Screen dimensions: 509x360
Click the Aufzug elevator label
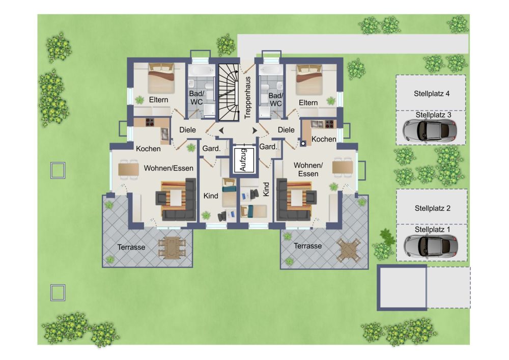click(x=243, y=160)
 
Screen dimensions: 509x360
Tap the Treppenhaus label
click(x=247, y=97)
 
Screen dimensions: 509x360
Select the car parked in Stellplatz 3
click(x=430, y=130)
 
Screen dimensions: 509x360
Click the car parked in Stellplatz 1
click(x=431, y=245)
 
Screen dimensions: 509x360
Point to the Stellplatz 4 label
click(x=432, y=94)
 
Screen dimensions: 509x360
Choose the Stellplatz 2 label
click(x=432, y=208)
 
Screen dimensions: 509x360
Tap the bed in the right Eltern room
click(x=309, y=79)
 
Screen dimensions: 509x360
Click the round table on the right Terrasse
click(x=349, y=250)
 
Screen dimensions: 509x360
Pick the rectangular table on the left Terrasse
click(x=172, y=247)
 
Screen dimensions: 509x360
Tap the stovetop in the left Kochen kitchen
click(x=150, y=122)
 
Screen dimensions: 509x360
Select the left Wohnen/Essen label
click(x=168, y=168)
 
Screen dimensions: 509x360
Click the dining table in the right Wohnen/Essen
click(x=343, y=167)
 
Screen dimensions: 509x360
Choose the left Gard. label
click(x=211, y=149)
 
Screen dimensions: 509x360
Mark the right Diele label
click(x=286, y=130)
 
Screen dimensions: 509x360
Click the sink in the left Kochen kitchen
click(x=164, y=133)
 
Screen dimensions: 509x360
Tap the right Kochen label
click(x=324, y=139)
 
